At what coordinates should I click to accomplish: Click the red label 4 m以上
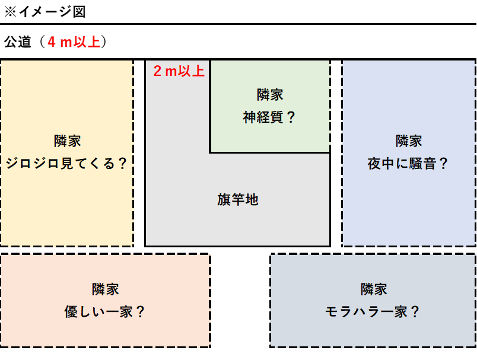coord(74,43)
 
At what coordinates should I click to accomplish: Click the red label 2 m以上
coord(179,72)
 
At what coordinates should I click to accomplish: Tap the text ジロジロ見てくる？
coord(67,163)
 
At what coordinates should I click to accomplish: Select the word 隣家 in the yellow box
coord(67,141)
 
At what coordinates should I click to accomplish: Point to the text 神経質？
coord(269,117)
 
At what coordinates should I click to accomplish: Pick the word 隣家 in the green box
coord(269,94)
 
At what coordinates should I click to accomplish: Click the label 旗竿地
coord(238,199)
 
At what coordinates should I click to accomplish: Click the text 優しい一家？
coord(106,311)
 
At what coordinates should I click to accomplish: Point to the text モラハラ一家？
coord(373,311)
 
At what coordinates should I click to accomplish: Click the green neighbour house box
coord(297,136)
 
